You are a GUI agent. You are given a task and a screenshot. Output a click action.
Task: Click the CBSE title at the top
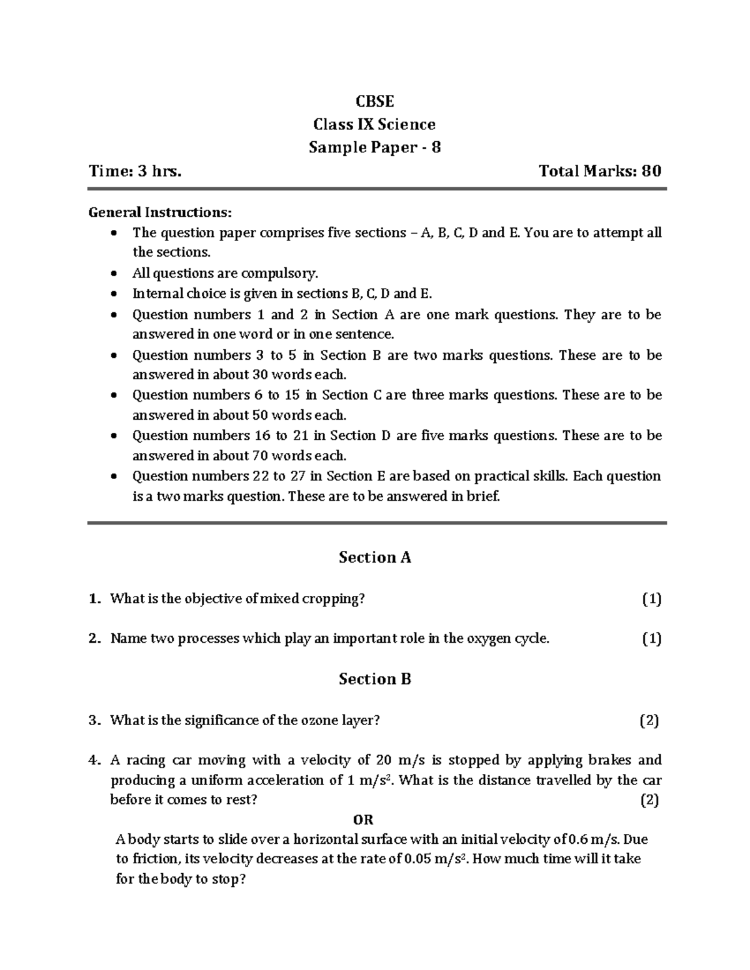(374, 101)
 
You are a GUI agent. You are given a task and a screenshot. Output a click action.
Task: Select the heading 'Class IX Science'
(374, 124)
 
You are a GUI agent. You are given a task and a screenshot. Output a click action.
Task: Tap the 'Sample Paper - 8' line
(374, 147)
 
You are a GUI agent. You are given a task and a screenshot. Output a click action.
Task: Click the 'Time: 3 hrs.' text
(136, 171)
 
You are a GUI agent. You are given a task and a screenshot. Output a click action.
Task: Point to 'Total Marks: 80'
(600, 171)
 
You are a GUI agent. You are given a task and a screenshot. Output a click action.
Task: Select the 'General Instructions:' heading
(160, 212)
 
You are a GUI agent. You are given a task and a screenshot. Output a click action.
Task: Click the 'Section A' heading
(374, 557)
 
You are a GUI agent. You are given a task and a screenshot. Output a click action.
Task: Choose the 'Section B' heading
(374, 679)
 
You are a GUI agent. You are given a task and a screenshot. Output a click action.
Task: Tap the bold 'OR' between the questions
(363, 819)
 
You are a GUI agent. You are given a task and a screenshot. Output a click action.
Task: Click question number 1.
(94, 599)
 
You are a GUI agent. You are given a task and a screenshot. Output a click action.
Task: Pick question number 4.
(94, 760)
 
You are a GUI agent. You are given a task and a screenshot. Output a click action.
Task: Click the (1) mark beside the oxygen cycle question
(651, 638)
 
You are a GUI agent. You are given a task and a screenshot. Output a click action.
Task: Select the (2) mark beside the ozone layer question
(649, 720)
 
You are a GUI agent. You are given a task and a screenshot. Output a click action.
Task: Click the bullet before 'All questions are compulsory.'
(112, 274)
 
